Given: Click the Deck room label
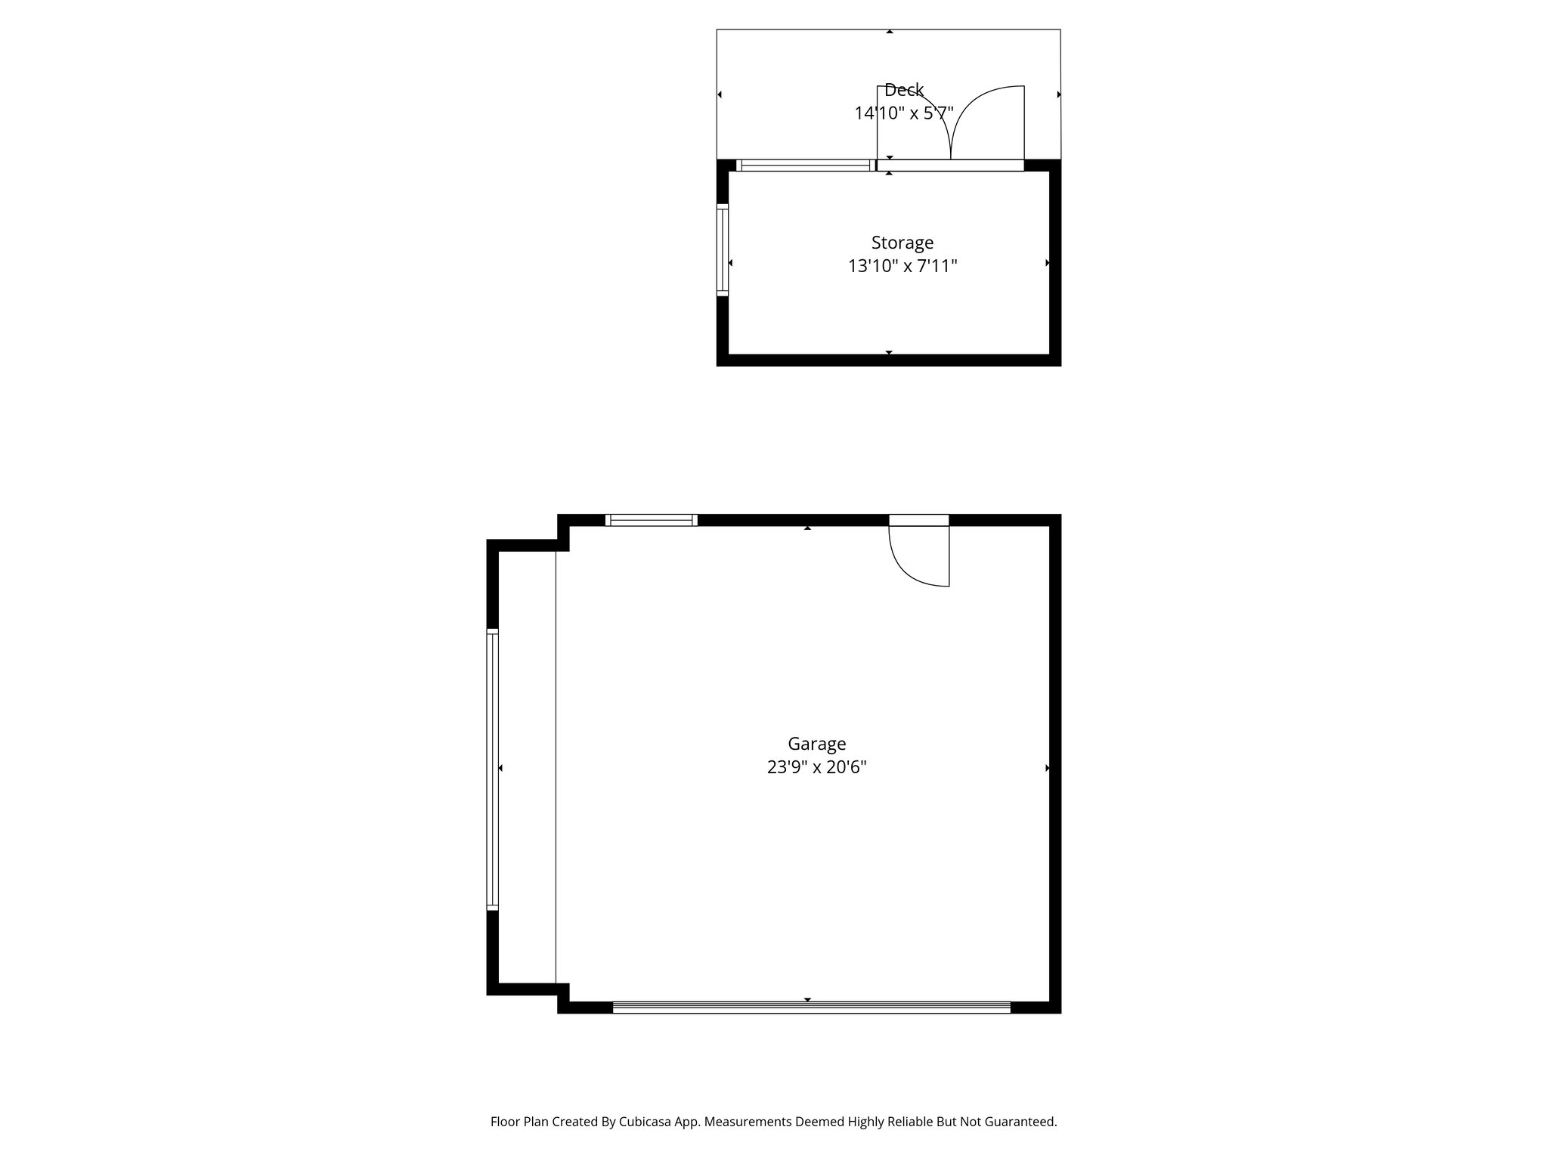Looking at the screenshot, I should coord(903,90).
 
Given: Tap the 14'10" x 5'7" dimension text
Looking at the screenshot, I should coord(903,113).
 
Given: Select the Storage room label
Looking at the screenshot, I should coord(902,243).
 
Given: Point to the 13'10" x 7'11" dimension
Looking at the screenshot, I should coord(902,266).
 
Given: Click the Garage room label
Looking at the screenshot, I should coord(816,744).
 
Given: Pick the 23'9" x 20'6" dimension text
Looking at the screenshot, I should coord(816,767).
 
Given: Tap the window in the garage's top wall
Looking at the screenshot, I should coord(651,519).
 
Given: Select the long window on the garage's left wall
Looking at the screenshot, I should coord(492,768).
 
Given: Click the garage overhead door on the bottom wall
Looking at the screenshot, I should coord(811,1007).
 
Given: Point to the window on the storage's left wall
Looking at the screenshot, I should coord(722,249).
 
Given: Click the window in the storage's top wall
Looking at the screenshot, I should coord(805,165).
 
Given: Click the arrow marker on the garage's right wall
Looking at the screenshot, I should coord(1048,768).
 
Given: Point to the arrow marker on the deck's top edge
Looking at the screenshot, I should coord(890,32).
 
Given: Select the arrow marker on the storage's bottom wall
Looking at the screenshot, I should coord(889,352).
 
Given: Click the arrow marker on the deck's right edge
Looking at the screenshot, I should coord(1058,94).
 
